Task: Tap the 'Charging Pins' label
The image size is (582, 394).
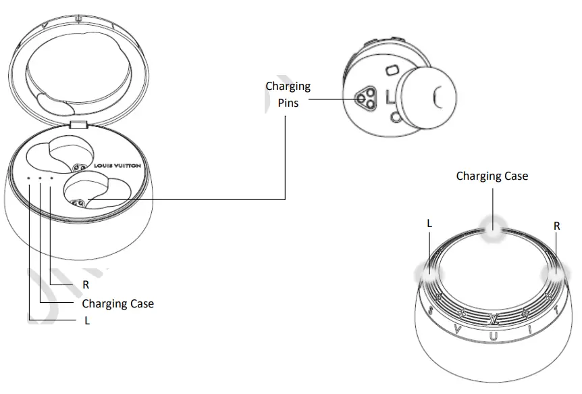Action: click(288, 95)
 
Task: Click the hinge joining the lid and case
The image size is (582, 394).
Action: click(79, 125)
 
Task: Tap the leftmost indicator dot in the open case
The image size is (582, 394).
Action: click(29, 178)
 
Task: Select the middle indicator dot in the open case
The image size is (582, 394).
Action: click(40, 178)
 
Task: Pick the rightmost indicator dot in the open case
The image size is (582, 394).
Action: click(51, 178)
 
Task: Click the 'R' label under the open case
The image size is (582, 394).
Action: click(86, 285)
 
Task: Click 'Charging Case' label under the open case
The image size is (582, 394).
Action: click(117, 303)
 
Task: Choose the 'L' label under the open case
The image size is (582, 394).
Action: click(87, 321)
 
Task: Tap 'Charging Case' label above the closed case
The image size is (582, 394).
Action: click(492, 176)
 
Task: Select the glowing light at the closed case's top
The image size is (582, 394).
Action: click(494, 230)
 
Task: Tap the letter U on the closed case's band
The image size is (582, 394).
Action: click(494, 336)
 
